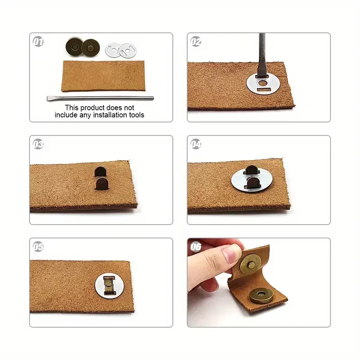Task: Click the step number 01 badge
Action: (x=38, y=42)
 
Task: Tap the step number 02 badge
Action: (x=196, y=42)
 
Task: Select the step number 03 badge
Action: (x=38, y=144)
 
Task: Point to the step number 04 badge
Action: (x=196, y=144)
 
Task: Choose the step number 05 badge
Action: (x=38, y=247)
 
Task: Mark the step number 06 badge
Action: (x=196, y=247)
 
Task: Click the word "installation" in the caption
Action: (x=110, y=115)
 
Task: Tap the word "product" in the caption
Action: (x=93, y=108)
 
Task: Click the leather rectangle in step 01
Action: (x=103, y=76)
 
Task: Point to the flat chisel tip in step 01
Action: (x=48, y=98)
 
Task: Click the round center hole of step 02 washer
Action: (x=262, y=83)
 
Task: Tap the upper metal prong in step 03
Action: (x=100, y=171)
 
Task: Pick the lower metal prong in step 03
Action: (x=102, y=184)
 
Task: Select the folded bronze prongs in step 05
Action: (x=109, y=285)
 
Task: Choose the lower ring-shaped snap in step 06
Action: (x=261, y=296)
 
